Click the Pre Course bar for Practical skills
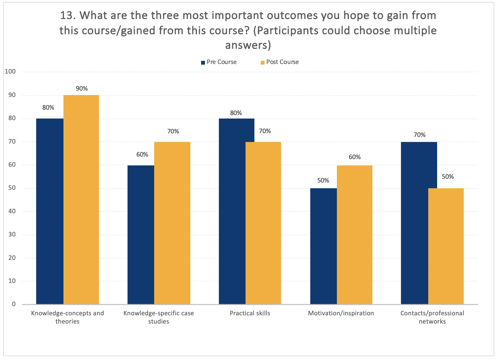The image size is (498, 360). coord(236,211)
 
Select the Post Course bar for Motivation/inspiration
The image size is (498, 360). coord(354,235)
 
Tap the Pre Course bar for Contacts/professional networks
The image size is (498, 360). coord(419,223)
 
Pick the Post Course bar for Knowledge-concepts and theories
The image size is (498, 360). coord(81,200)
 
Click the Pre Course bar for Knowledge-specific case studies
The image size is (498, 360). coord(141,235)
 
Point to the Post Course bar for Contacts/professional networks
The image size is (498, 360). coord(446,246)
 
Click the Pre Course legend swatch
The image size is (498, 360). coord(203,63)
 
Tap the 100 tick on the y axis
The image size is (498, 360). coord(10,72)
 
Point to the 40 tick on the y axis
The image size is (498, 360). coord(12,211)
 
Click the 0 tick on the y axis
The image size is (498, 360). coord(14,304)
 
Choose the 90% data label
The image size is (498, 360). coord(82,89)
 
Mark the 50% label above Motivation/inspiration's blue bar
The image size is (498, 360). coord(323,181)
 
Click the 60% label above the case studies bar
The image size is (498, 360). coord(142,155)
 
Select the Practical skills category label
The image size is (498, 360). coord(250,313)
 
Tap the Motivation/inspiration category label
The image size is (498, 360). coord(341,313)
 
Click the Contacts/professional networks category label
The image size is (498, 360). coord(432,317)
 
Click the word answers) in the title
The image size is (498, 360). coord(248,45)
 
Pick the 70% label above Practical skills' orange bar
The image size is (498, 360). coord(265,131)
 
